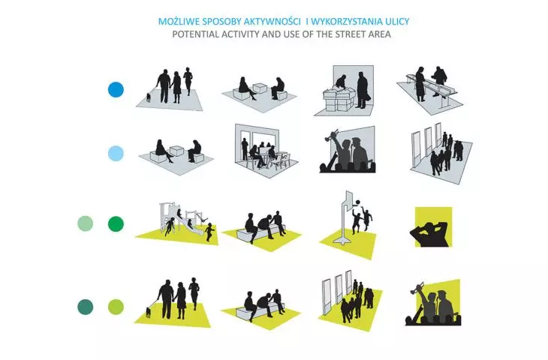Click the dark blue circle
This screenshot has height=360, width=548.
tap(116, 90)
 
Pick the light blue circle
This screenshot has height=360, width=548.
tap(116, 154)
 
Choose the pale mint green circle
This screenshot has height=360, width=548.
tap(86, 223)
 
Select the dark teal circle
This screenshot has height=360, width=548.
tap(86, 307)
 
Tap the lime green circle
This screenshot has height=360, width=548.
tap(116, 307)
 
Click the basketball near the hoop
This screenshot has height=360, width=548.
tap(357, 202)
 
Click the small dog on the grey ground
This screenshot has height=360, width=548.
tap(149, 97)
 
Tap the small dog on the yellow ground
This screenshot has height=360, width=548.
tap(149, 312)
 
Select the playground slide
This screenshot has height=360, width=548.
tap(190, 224)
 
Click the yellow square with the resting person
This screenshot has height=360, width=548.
tap(433, 226)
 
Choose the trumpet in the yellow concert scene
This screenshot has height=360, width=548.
tap(417, 286)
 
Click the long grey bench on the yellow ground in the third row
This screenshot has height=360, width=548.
tap(259, 233)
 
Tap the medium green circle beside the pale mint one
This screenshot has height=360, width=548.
tap(116, 223)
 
